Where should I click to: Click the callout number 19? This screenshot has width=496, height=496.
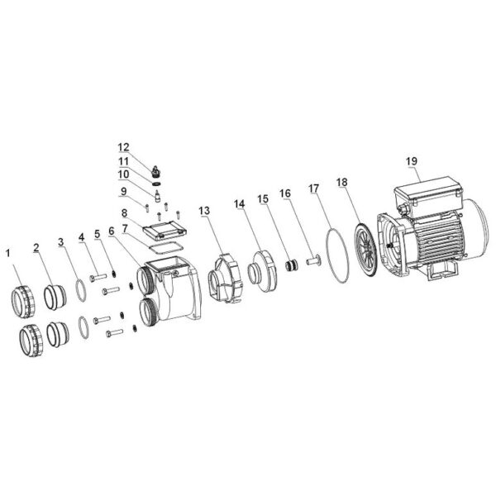(x=412, y=161)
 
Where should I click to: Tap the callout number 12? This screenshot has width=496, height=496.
(x=124, y=147)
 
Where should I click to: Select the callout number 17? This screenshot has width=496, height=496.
(x=314, y=188)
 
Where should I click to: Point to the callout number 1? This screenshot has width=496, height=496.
(x=8, y=253)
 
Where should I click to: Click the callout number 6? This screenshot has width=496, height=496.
(x=111, y=231)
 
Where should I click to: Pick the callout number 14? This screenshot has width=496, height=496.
(x=240, y=204)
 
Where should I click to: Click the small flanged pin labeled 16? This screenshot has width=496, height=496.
(x=313, y=261)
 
